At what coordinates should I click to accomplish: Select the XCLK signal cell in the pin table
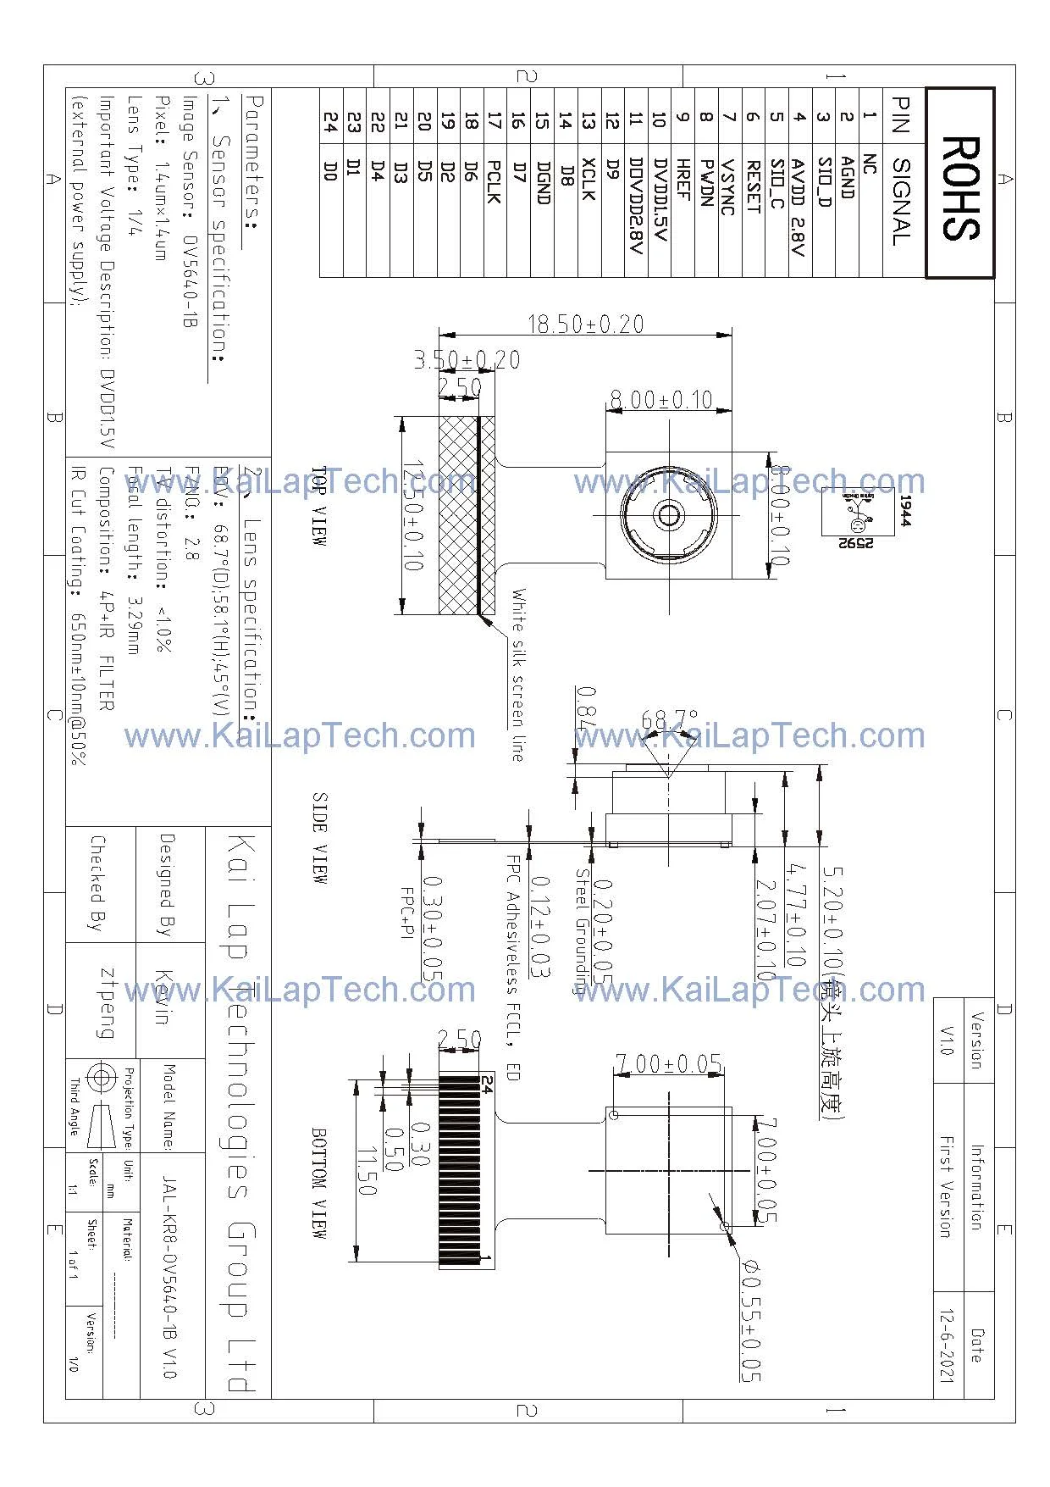click(589, 179)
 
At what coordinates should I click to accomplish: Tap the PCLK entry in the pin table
click(495, 181)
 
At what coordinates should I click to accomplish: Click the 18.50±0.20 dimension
click(585, 324)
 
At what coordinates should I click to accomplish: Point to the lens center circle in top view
click(669, 515)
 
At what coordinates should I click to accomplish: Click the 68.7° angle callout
click(669, 720)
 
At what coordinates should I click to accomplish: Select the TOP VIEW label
click(319, 506)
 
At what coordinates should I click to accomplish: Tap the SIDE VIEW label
click(319, 838)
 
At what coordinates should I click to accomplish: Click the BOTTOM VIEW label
click(319, 1183)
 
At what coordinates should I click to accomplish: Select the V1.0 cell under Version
click(947, 1040)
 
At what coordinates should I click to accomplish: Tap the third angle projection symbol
click(101, 1079)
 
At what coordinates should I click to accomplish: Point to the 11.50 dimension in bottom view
click(367, 1173)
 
